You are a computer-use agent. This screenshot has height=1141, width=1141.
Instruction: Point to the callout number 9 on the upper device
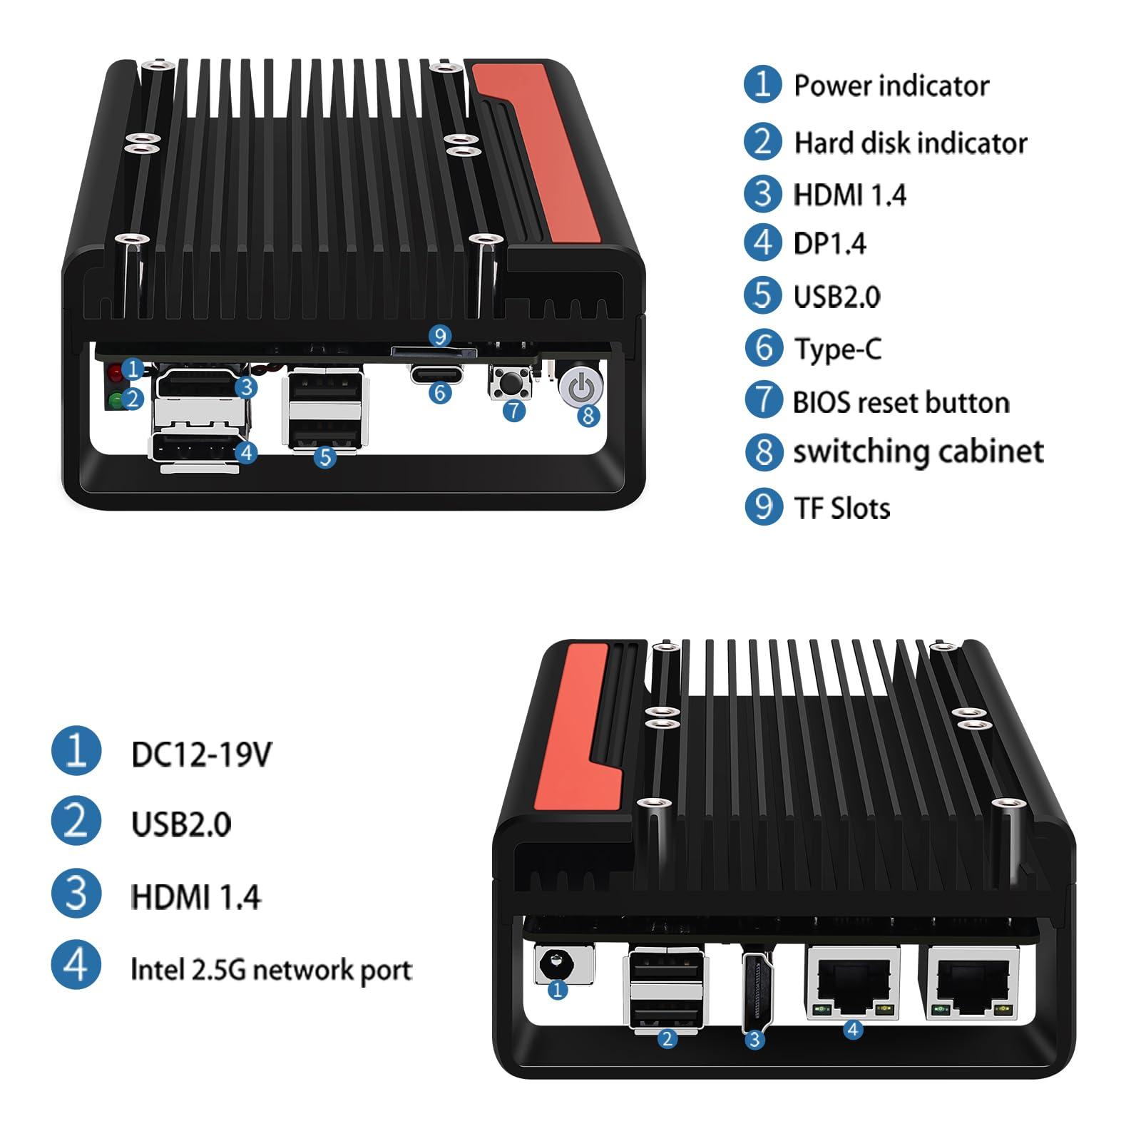click(440, 336)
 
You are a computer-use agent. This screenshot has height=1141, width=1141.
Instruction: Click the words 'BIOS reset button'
click(901, 403)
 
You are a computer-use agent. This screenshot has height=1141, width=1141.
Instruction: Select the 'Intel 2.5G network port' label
click(271, 970)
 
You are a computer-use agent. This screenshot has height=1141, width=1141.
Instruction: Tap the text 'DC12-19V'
click(201, 754)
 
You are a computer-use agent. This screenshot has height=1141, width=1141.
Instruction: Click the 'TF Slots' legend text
click(841, 508)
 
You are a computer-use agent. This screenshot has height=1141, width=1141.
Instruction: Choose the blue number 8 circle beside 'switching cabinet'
click(764, 451)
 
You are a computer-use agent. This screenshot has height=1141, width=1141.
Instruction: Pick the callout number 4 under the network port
click(853, 1029)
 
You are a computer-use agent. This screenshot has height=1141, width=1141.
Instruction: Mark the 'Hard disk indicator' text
click(910, 143)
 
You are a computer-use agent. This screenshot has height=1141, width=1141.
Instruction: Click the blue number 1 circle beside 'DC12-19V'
click(76, 750)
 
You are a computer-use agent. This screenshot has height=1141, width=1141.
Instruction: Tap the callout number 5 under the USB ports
click(325, 456)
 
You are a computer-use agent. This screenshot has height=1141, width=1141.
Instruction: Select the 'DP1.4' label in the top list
click(829, 244)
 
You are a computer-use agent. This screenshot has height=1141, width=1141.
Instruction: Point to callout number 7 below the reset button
click(514, 410)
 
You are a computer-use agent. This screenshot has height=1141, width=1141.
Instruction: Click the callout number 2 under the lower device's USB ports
click(667, 1038)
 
